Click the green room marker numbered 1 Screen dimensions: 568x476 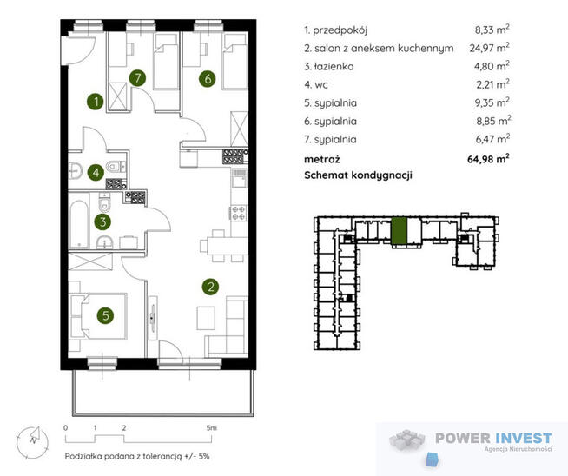click(96, 102)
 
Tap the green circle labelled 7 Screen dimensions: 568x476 click(137, 77)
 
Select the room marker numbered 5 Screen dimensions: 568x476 click(105, 315)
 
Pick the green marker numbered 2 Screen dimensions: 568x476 click(211, 287)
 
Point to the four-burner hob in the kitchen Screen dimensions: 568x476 click(238, 213)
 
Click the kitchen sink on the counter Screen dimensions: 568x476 click(239, 178)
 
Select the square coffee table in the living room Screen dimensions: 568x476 click(206, 318)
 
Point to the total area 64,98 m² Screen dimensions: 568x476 click(488, 159)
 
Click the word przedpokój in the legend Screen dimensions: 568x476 click(340, 30)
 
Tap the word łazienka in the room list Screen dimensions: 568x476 click(334, 66)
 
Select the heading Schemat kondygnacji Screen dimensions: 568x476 click(359, 175)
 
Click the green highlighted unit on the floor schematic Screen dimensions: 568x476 click(399, 231)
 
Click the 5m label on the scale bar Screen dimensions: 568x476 click(211, 428)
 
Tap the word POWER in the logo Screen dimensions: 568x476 click(463, 439)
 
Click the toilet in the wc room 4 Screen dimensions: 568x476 click(114, 166)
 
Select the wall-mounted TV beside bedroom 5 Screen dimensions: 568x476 click(153, 318)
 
